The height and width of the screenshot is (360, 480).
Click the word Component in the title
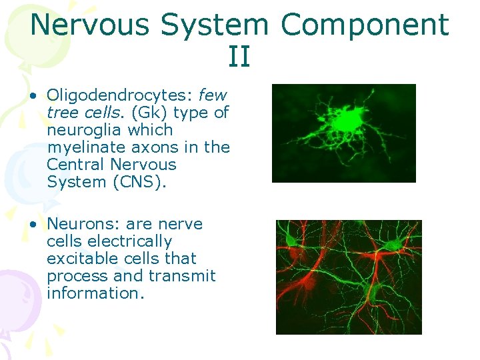(x=365, y=25)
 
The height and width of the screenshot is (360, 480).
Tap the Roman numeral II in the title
(x=239, y=57)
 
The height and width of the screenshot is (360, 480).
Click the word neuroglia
(x=84, y=130)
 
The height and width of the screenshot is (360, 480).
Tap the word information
(x=95, y=293)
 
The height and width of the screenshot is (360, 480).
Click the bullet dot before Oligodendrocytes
(x=33, y=96)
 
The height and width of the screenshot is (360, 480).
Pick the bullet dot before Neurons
(x=33, y=225)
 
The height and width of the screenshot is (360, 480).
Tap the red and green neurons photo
(x=349, y=277)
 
